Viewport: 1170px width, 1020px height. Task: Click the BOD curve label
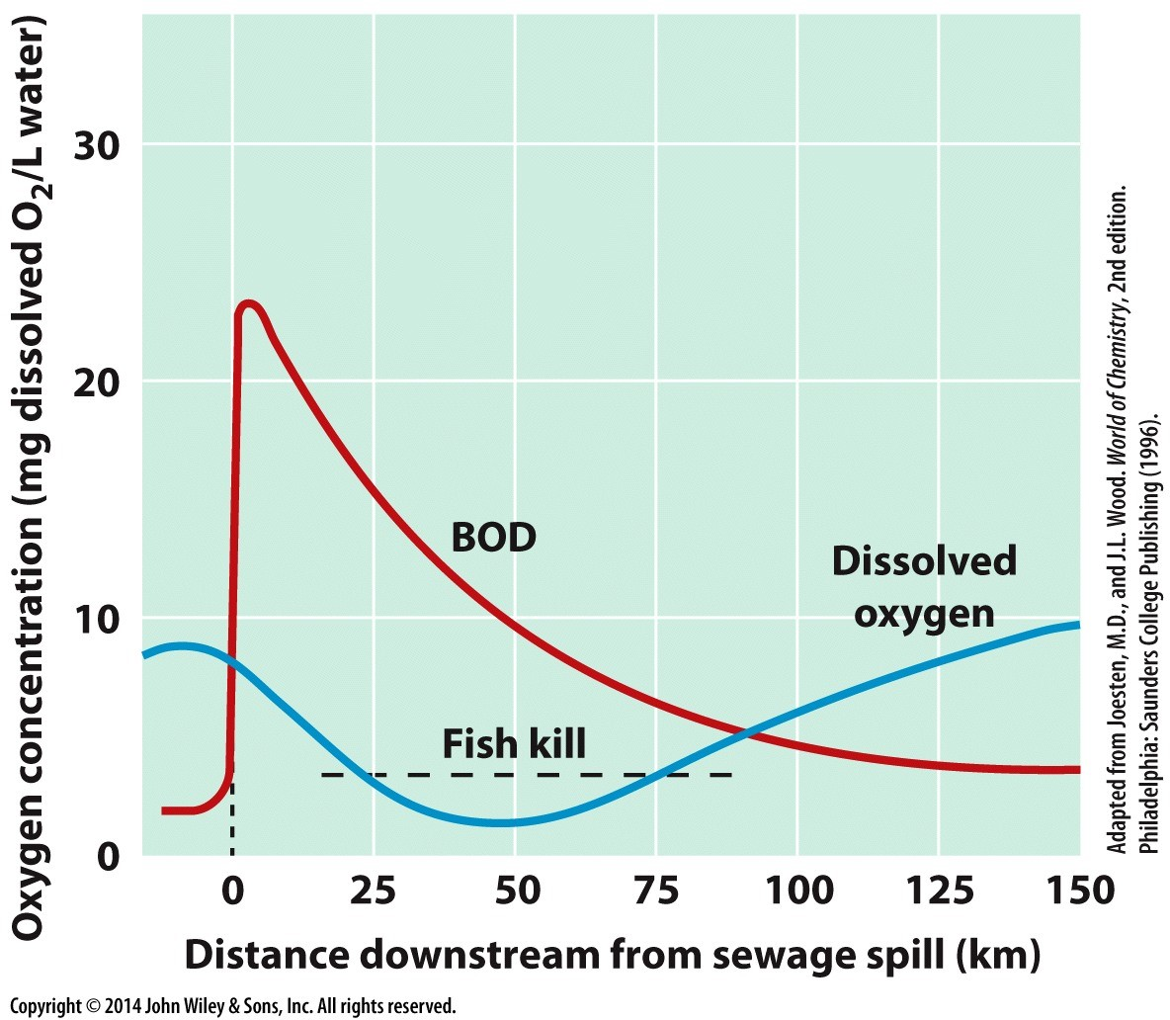493,538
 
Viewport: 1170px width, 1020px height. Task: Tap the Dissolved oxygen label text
923,587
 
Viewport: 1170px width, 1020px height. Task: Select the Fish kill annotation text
514,742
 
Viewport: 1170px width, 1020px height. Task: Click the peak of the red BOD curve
249,304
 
